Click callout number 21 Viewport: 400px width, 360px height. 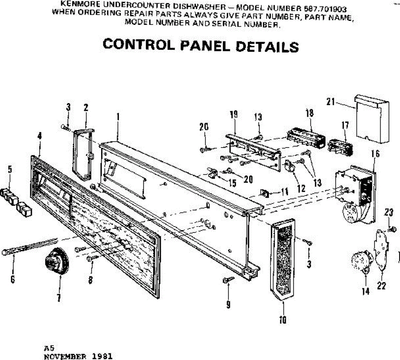click(330, 102)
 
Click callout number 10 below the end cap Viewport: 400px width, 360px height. click(283, 320)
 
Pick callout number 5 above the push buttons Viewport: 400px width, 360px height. click(10, 169)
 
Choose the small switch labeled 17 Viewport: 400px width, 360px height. click(340, 147)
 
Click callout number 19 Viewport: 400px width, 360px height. click(234, 114)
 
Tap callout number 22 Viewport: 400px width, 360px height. click(381, 285)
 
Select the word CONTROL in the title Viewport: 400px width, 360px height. click(138, 44)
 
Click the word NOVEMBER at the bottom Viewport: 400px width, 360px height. click(65, 356)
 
